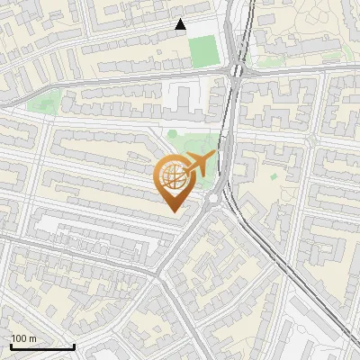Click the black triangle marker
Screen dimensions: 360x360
[181, 25]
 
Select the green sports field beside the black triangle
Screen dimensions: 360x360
[202, 51]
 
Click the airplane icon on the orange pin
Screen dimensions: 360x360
[199, 164]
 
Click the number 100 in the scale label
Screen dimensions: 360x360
[21, 338]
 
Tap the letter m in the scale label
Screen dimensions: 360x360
[34, 338]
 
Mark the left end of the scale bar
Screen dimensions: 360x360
[11, 347]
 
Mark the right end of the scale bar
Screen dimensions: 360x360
[74, 347]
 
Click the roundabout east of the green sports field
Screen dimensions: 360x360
[237, 69]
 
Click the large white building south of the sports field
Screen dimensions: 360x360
[184, 96]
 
